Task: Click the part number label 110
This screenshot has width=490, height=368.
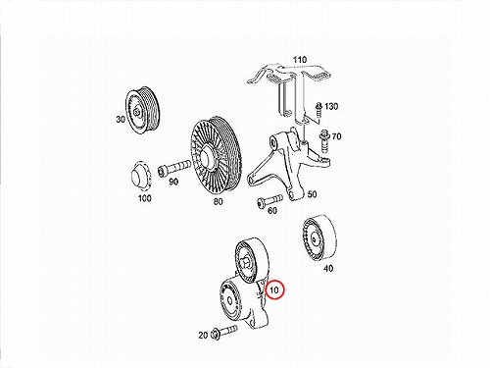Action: coord(300,60)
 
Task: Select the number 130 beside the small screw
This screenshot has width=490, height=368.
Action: coord(331,106)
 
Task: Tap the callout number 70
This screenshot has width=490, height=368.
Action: coord(336,136)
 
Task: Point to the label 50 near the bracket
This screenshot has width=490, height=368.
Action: coord(312,194)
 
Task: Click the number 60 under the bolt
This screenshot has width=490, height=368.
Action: coord(272,211)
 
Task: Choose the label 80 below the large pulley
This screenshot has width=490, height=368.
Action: coord(219,201)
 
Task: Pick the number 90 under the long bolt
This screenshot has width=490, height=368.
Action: coord(173,182)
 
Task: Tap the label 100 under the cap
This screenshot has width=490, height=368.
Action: coord(145,198)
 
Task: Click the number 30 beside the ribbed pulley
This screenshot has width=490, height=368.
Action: coord(121,120)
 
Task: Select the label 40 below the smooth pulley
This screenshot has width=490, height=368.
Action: coord(328,269)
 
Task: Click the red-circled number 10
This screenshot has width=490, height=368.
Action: coord(274,289)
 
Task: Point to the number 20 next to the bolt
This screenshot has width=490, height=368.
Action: coord(203,336)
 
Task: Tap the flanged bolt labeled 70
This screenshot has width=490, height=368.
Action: coord(324,141)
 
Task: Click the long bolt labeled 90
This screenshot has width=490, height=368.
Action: coord(173,168)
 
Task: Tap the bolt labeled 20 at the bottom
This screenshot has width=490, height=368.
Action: coord(225,332)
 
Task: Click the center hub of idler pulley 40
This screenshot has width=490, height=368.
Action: coord(315,239)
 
